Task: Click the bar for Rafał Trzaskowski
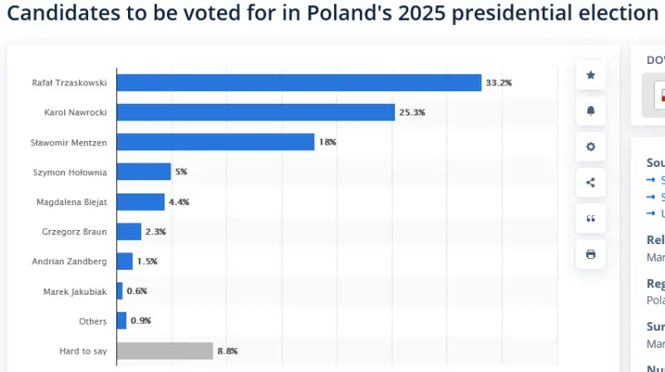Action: (299, 82)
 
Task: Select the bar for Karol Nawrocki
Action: (255, 112)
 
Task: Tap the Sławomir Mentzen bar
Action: (215, 142)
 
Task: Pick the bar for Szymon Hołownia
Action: (144, 172)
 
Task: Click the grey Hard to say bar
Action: (165, 350)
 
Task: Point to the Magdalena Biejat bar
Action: (140, 202)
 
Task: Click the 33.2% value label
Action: (499, 82)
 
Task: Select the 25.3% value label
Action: (412, 112)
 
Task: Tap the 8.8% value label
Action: (228, 351)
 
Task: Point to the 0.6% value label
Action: (137, 291)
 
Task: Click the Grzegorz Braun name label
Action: (74, 232)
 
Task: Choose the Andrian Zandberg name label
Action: (69, 262)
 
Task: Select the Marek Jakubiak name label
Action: (75, 291)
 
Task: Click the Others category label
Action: (92, 321)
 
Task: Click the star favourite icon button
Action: (591, 75)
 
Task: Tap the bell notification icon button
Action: (591, 110)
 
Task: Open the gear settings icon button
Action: (591, 147)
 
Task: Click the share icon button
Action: (591, 183)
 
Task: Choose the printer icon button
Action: (591, 254)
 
